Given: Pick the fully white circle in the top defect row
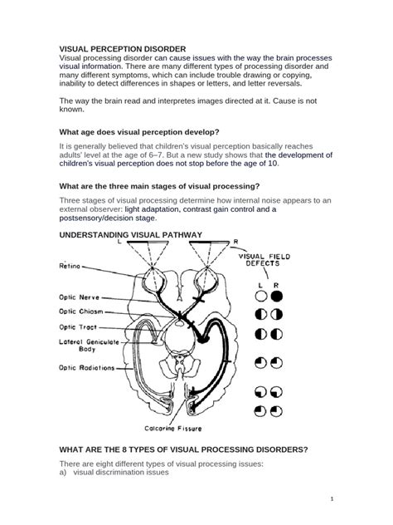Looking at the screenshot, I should [x=261, y=295].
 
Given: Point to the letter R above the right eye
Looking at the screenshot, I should [x=235, y=242].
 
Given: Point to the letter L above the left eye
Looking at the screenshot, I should [x=120, y=243].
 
